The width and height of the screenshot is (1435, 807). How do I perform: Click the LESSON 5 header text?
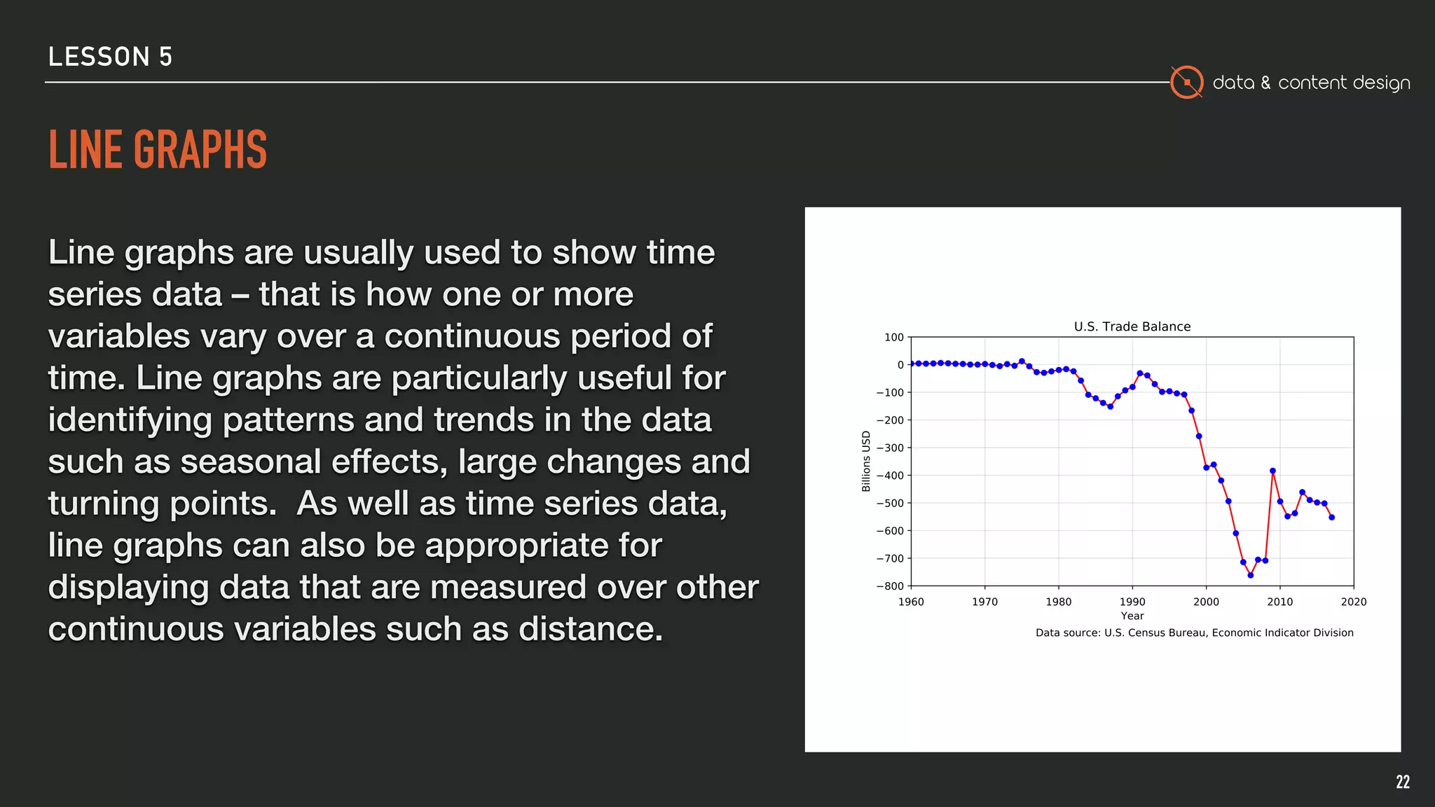[x=110, y=57]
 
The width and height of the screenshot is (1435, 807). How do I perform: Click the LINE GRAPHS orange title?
[x=158, y=150]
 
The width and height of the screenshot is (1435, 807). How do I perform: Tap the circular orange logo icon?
[x=1186, y=83]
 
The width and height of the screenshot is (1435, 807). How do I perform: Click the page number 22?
[x=1402, y=782]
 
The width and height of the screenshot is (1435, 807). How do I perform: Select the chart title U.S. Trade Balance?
[x=1132, y=326]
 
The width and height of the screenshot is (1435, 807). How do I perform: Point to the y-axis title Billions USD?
[x=866, y=461]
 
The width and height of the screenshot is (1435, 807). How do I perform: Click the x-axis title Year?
[x=1132, y=616]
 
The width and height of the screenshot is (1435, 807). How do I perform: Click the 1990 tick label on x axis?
[x=1132, y=602]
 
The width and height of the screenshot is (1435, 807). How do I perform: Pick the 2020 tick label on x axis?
[x=1353, y=602]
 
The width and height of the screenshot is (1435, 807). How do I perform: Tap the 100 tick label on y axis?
[x=894, y=337]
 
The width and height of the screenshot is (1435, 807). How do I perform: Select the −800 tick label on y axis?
[x=890, y=586]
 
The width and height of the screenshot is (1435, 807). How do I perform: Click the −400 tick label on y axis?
[x=890, y=476]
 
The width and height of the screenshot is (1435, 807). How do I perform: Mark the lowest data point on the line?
[x=1251, y=575]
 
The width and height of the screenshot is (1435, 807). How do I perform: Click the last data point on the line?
[x=1332, y=517]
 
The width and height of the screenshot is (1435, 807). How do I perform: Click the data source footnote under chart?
[x=1194, y=633]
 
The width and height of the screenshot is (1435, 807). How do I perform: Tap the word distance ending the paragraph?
[x=589, y=629]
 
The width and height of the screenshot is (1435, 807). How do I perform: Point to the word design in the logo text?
[x=1381, y=83]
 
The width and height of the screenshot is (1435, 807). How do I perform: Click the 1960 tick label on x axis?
[x=911, y=602]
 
